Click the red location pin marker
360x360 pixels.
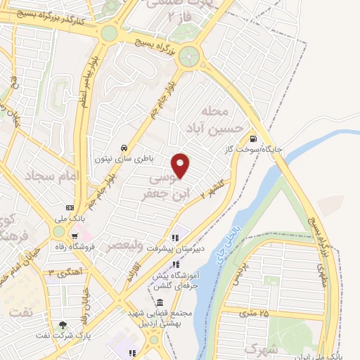181,166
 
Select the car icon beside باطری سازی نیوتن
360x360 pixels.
124,148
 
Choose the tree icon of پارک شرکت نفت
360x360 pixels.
65,325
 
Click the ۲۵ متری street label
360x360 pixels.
255,311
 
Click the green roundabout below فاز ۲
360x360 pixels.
188,58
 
